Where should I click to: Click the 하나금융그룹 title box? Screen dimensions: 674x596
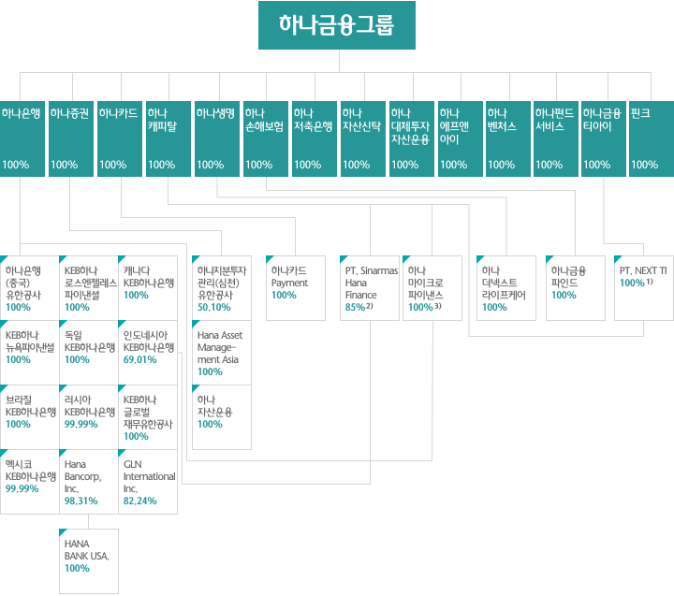pyautogui.click(x=337, y=25)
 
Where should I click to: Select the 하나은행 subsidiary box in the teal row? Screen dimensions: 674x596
pyautogui.click(x=22, y=138)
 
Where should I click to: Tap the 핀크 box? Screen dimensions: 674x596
pyautogui.click(x=652, y=138)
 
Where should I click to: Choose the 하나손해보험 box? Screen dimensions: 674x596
pyautogui.click(x=266, y=138)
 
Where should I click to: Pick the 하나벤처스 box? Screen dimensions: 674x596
pyautogui.click(x=508, y=138)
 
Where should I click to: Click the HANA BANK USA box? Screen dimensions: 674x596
pyautogui.click(x=89, y=561)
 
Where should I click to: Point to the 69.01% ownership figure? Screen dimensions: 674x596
pyautogui.click(x=139, y=359)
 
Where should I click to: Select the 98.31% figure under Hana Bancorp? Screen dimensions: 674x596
pyautogui.click(x=81, y=501)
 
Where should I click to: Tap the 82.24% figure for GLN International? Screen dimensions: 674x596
pyautogui.click(x=139, y=501)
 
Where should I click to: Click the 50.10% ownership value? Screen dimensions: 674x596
pyautogui.click(x=213, y=307)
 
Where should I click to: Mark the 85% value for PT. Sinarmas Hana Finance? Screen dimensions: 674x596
pyautogui.click(x=355, y=307)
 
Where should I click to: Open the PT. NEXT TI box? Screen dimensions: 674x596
pyautogui.click(x=644, y=288)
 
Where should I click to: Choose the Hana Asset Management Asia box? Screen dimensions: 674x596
pyautogui.click(x=221, y=353)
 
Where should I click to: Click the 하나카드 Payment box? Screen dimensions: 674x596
pyautogui.click(x=295, y=288)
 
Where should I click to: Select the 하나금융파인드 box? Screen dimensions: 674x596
pyautogui.click(x=575, y=288)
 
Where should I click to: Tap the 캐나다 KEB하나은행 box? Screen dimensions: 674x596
pyautogui.click(x=148, y=288)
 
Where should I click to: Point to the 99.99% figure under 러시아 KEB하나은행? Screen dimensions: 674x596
pyautogui.click(x=81, y=424)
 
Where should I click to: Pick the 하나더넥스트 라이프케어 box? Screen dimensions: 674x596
pyautogui.click(x=505, y=288)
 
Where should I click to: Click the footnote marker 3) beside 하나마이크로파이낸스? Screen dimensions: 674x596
pyautogui.click(x=437, y=306)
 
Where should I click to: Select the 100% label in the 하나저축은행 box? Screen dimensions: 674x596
pyautogui.click(x=307, y=165)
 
